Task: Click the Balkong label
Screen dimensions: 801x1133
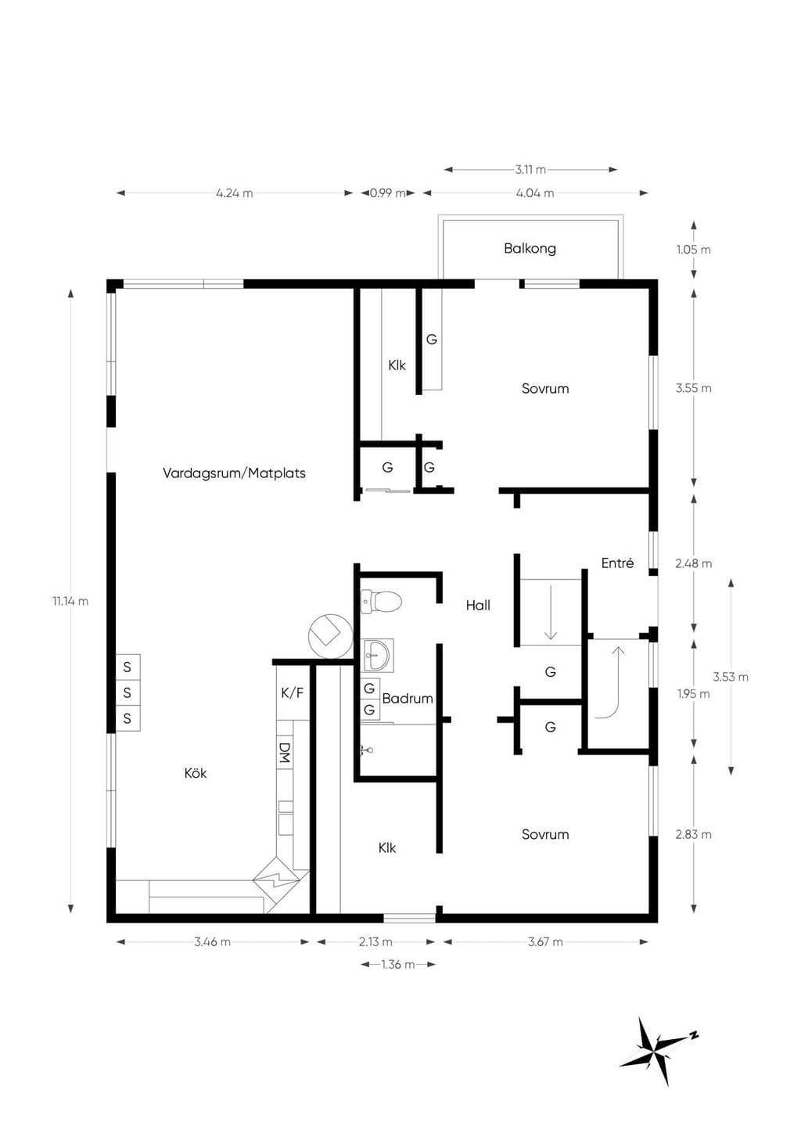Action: tap(530, 248)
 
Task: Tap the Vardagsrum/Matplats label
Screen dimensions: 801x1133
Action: tap(234, 473)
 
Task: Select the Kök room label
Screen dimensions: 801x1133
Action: tap(196, 773)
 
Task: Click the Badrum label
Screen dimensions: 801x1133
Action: tap(408, 699)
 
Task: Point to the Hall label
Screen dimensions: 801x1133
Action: tap(478, 605)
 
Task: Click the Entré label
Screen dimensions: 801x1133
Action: tap(617, 563)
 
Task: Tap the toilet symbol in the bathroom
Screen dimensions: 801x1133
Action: tap(381, 602)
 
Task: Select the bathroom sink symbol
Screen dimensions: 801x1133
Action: tap(377, 655)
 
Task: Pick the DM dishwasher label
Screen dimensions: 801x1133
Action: tap(285, 753)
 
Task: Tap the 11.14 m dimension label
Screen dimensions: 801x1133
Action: tap(70, 601)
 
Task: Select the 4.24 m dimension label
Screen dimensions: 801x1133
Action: tap(234, 192)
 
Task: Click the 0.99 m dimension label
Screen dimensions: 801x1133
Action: tap(388, 192)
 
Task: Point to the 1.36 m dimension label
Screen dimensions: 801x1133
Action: tap(398, 964)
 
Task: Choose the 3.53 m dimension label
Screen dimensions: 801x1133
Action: tap(731, 676)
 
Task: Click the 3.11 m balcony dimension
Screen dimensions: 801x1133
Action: tap(530, 170)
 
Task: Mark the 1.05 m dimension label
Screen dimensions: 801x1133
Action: tap(694, 250)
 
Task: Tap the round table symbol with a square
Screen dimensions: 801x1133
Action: tap(330, 636)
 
